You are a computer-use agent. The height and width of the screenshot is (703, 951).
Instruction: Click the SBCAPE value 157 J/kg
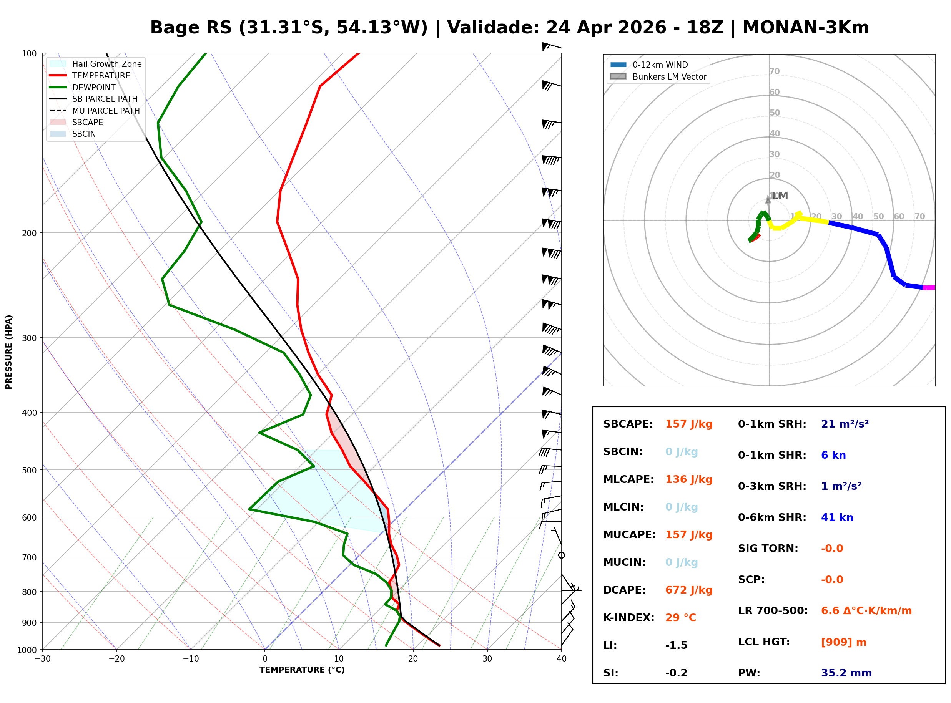pyautogui.click(x=689, y=424)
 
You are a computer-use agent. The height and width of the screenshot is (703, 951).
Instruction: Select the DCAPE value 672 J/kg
pyautogui.click(x=689, y=590)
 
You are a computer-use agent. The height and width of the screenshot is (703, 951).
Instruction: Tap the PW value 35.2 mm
pyautogui.click(x=846, y=673)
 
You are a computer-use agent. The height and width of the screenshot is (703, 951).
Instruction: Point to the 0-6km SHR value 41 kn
pyautogui.click(x=837, y=517)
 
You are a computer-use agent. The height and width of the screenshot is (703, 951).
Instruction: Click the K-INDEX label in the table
pyautogui.click(x=628, y=618)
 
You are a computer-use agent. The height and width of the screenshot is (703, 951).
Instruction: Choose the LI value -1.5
pyautogui.click(x=677, y=645)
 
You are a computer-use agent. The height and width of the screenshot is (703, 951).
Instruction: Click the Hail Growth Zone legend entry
pyautogui.click(x=106, y=64)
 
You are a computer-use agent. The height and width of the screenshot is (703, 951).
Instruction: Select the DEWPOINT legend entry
pyautogui.click(x=94, y=87)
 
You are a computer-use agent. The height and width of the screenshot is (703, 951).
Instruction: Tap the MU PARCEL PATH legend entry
pyautogui.click(x=106, y=111)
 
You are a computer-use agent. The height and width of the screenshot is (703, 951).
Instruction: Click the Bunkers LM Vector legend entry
pyautogui.click(x=669, y=76)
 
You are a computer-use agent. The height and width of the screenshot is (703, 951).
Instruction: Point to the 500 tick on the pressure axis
pyautogui.click(x=29, y=470)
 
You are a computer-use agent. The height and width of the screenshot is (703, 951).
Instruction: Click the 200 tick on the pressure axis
pyautogui.click(x=29, y=233)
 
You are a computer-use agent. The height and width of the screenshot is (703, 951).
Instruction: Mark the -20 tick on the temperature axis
pyautogui.click(x=116, y=659)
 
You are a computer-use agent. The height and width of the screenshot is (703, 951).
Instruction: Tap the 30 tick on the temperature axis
pyautogui.click(x=487, y=659)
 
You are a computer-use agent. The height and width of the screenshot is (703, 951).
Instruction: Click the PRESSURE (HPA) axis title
pyautogui.click(x=9, y=352)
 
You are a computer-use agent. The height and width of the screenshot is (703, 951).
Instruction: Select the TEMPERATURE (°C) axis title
pyautogui.click(x=302, y=670)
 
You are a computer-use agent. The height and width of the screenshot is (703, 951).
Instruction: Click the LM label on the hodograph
pyautogui.click(x=780, y=196)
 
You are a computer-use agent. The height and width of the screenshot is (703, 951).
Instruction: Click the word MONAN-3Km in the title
pyautogui.click(x=805, y=28)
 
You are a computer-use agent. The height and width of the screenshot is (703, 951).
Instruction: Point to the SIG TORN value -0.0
pyautogui.click(x=832, y=549)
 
